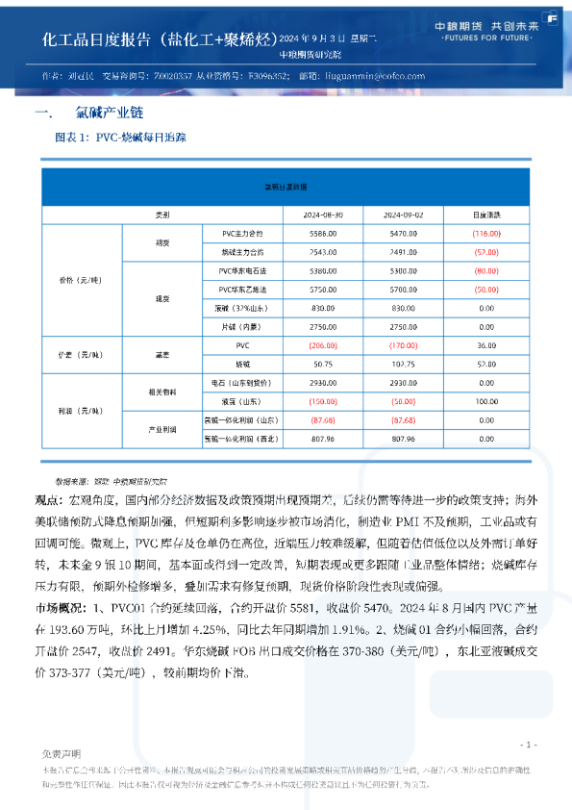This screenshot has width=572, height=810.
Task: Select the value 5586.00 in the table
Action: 322,234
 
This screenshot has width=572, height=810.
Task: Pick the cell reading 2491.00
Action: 402,252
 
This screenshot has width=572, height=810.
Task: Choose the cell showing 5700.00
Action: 402,289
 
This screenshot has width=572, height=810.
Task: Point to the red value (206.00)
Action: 322,344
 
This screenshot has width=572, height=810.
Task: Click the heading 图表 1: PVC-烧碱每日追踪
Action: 120,139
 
